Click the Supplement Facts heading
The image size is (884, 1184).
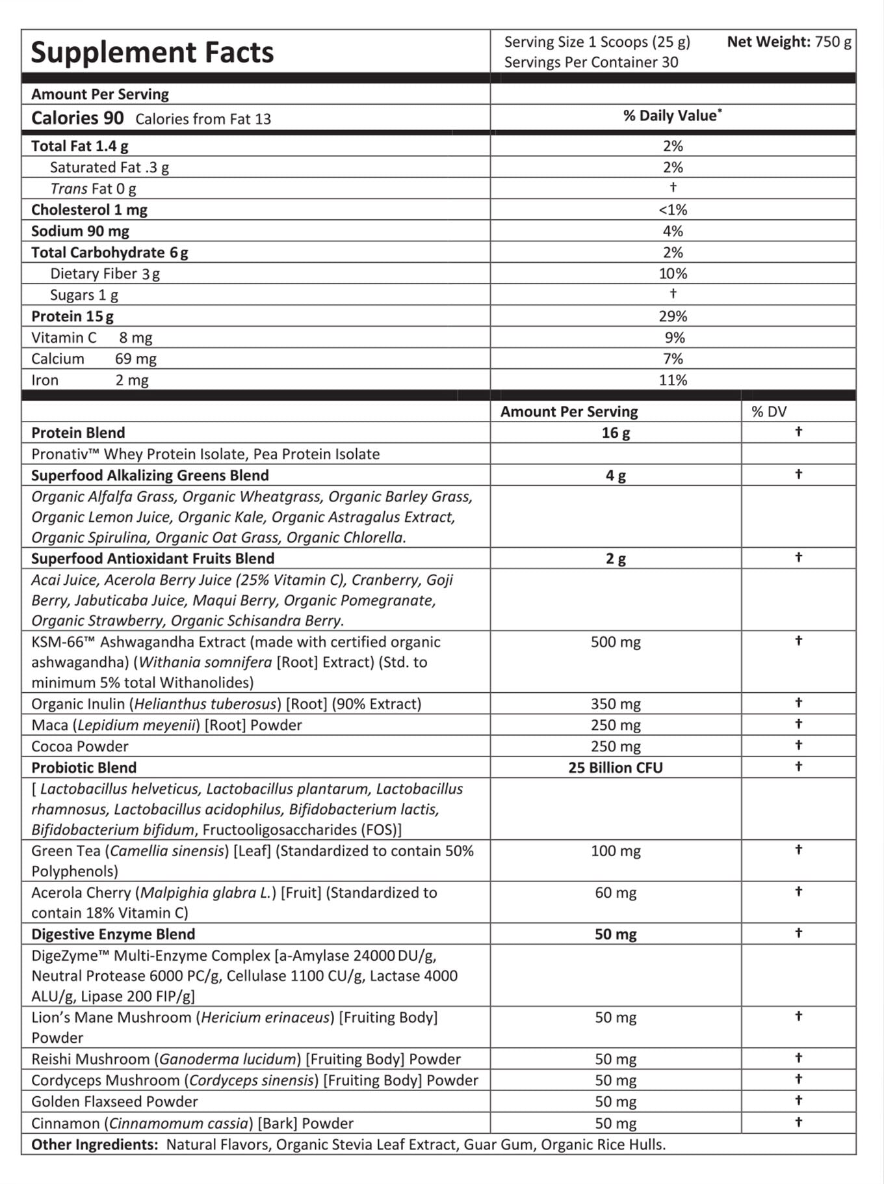pyautogui.click(x=152, y=53)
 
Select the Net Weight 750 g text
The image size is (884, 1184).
pyautogui.click(x=788, y=42)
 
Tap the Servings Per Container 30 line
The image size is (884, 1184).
pyautogui.click(x=591, y=62)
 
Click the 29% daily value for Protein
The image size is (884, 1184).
pyautogui.click(x=673, y=316)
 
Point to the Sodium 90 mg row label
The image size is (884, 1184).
pyautogui.click(x=80, y=231)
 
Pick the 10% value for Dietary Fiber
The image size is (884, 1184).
pyautogui.click(x=673, y=274)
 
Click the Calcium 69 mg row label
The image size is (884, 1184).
pyautogui.click(x=94, y=359)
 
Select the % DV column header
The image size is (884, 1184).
pyautogui.click(x=769, y=412)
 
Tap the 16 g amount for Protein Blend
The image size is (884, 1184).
pyautogui.click(x=616, y=433)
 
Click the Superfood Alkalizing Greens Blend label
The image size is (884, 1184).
pyautogui.click(x=149, y=476)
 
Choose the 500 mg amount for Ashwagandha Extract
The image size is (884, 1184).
pyautogui.click(x=616, y=642)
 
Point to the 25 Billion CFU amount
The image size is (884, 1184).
pyautogui.click(x=616, y=768)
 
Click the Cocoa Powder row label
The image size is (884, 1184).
pyautogui.click(x=79, y=746)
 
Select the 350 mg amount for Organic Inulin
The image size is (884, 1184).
pyautogui.click(x=616, y=704)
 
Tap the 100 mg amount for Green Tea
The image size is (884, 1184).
pyautogui.click(x=616, y=851)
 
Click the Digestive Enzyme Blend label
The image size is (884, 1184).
pyautogui.click(x=113, y=934)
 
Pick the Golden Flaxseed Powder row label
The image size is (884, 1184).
pyautogui.click(x=114, y=1101)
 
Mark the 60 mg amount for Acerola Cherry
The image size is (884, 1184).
pyautogui.click(x=616, y=893)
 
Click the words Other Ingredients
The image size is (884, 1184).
pyautogui.click(x=94, y=1144)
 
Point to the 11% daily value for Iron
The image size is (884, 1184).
pyautogui.click(x=673, y=381)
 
